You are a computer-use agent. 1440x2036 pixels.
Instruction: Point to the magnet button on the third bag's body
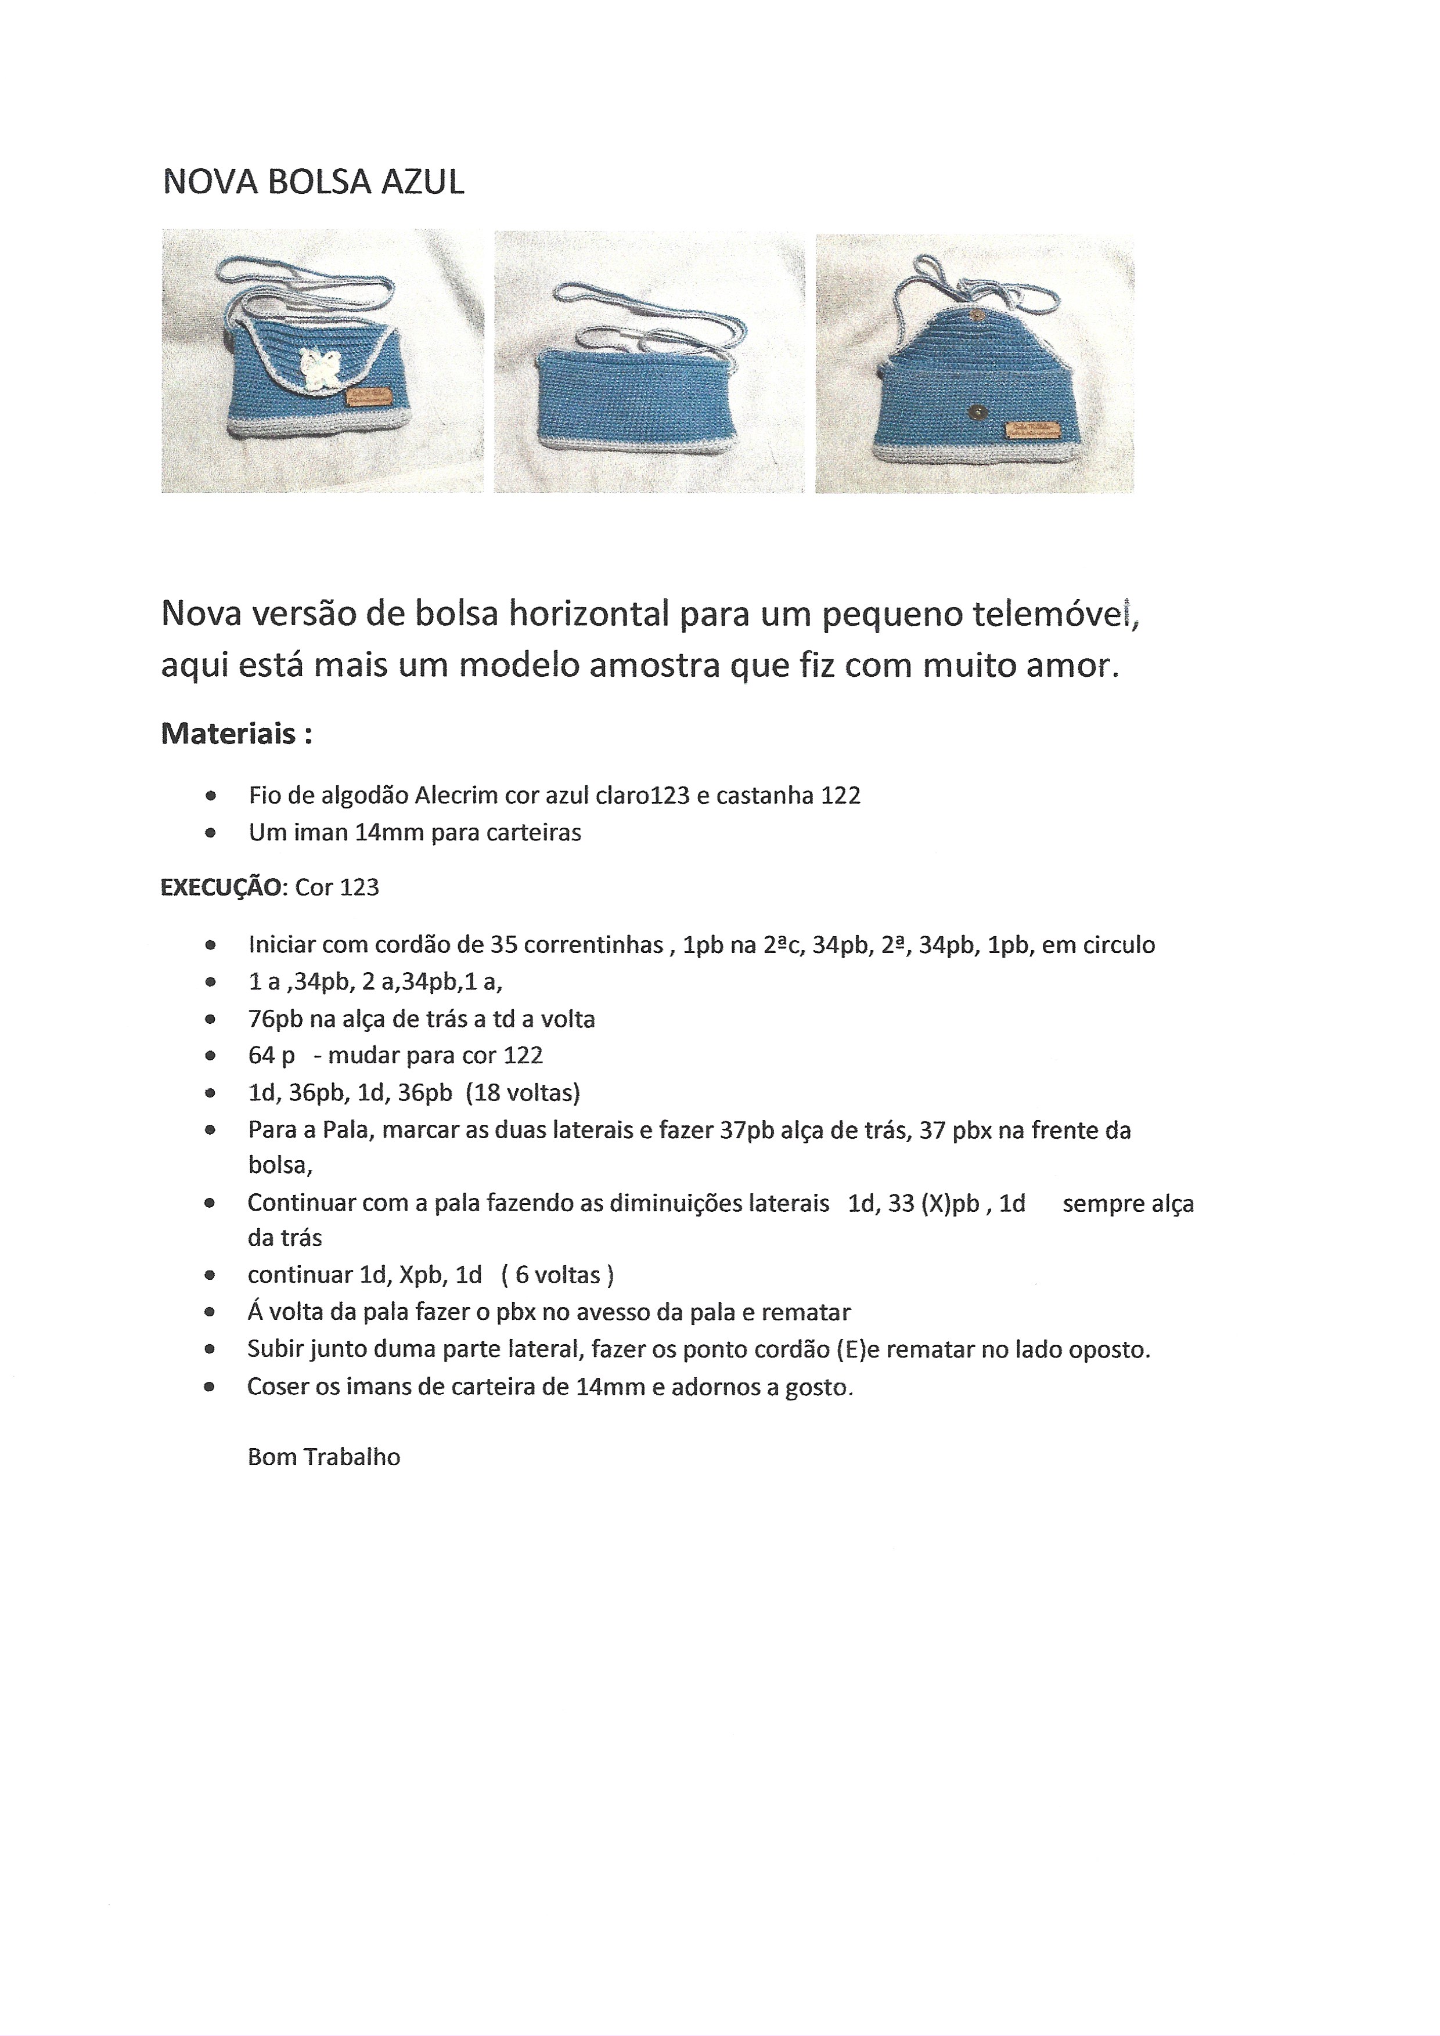[976, 411]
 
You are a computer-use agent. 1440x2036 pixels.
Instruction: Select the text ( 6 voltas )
[557, 1275]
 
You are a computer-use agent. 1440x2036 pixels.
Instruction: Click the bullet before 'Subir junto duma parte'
[210, 1349]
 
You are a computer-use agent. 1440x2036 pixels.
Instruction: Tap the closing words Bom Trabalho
[324, 1457]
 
